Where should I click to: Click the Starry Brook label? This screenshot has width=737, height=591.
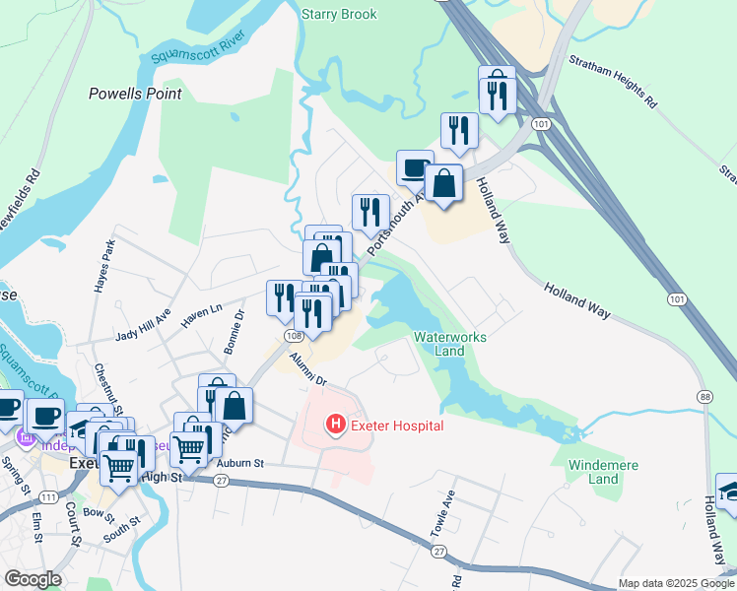[x=340, y=15]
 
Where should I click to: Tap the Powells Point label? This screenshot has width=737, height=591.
[x=135, y=94]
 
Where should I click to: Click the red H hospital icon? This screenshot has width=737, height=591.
[x=335, y=426]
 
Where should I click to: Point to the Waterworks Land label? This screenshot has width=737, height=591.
[x=450, y=344]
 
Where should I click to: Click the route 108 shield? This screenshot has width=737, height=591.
[x=293, y=336]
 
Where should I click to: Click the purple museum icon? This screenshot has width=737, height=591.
[x=27, y=439]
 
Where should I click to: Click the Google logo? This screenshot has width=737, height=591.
[x=32, y=579]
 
